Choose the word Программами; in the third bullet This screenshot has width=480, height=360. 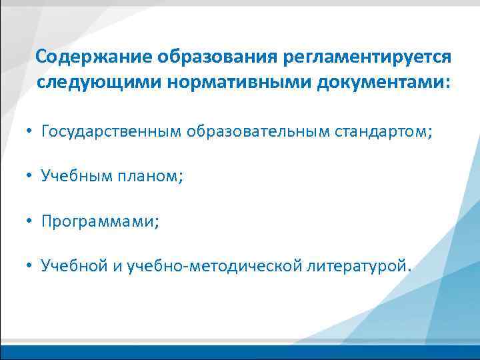tap(101, 221)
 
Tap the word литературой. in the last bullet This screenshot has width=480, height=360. tap(360, 267)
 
